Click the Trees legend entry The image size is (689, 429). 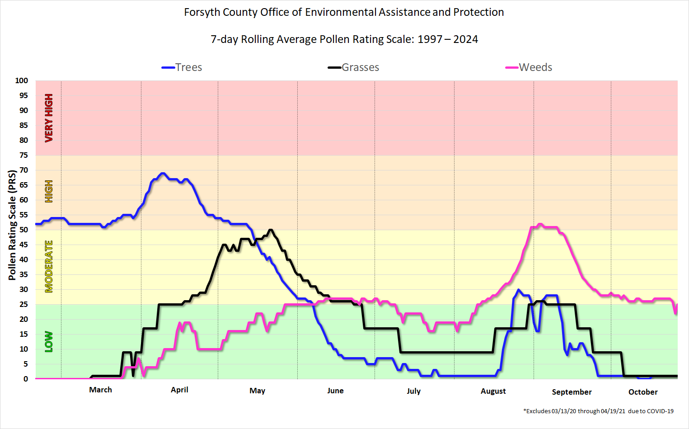pos(182,67)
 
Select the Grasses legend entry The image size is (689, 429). pos(354,67)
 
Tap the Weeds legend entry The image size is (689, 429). pos(529,67)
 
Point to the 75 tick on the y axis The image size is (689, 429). pos(23,155)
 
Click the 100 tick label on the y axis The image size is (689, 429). pos(21,80)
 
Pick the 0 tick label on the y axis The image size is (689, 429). pos(25,379)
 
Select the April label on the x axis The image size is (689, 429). pos(179,390)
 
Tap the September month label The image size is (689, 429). pos(572,392)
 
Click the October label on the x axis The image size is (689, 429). pos(643,392)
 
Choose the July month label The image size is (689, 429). pos(413,391)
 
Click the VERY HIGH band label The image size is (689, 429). pos(49,118)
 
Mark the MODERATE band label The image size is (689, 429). pos(49,266)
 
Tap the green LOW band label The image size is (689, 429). pos(49,342)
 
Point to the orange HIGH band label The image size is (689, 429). pos(49,191)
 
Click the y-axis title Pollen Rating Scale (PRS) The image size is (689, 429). pos(12,225)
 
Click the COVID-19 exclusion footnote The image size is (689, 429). pos(598,411)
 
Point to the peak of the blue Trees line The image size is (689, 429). pos(163,173)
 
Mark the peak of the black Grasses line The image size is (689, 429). pos(270,230)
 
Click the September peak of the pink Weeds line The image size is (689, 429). pos(540,224)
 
